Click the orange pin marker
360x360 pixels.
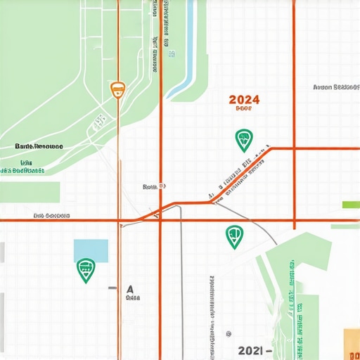click(117, 89)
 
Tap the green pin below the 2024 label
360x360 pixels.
click(243, 140)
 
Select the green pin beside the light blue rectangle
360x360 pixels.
click(86, 270)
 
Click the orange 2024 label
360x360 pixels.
click(245, 99)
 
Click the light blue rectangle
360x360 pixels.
click(91, 250)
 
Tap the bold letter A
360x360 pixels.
click(130, 288)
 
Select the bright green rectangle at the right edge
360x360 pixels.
click(350, 205)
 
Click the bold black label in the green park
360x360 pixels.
click(39, 146)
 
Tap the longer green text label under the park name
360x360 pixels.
click(22, 170)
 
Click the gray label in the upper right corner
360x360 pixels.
click(336, 88)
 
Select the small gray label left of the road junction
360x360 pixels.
click(153, 187)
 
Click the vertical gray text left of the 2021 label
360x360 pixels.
click(212, 306)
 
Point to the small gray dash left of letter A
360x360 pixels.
click(112, 288)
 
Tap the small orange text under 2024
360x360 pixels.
click(244, 109)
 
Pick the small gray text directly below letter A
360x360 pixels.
click(132, 298)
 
